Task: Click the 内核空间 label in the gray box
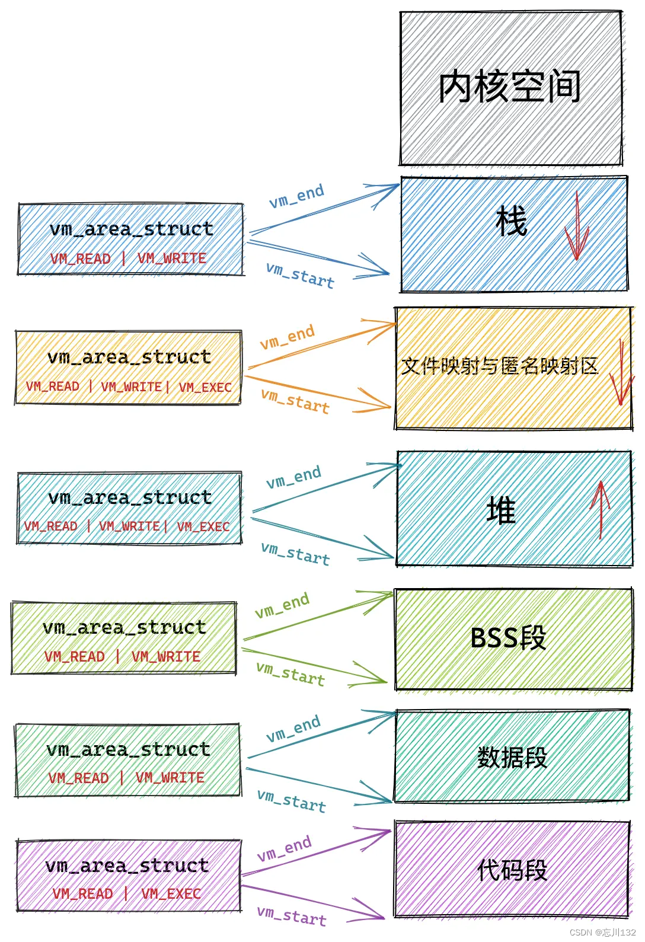point(510,87)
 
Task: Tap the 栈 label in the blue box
point(511,221)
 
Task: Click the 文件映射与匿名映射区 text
point(500,366)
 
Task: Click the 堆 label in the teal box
point(501,510)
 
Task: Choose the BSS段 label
point(508,638)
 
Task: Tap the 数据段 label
point(512,757)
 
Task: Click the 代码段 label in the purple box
point(512,870)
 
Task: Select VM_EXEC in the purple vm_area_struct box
point(171,893)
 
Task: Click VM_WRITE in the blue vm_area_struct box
point(172,258)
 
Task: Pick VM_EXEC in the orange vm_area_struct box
point(205,387)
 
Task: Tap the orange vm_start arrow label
point(295,401)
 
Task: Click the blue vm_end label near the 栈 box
point(296,196)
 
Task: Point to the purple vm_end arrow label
point(285,848)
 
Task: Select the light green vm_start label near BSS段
point(290,673)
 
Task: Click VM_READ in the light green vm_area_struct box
point(75,656)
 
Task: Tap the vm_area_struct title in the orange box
point(129,357)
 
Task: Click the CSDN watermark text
point(602,933)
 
